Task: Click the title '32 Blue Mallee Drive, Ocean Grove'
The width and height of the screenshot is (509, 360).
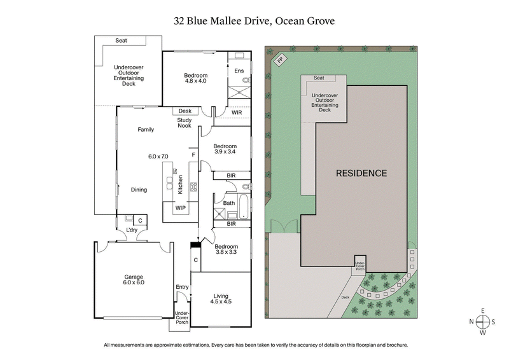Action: [x=254, y=20]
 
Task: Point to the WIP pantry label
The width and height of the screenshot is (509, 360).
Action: [x=180, y=207]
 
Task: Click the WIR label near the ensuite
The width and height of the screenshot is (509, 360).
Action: [x=237, y=113]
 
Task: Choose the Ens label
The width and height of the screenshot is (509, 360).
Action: [x=239, y=70]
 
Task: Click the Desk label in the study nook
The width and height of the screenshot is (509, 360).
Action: [x=185, y=111]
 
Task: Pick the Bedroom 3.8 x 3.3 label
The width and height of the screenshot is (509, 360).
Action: [x=225, y=249]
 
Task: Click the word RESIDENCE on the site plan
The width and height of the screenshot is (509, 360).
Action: [x=361, y=173]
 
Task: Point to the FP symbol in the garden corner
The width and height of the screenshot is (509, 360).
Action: [x=280, y=60]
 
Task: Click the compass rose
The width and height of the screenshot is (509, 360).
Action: [x=483, y=321]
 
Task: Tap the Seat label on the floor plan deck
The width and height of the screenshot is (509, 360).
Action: [x=121, y=41]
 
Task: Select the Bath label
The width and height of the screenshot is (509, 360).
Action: [x=228, y=203]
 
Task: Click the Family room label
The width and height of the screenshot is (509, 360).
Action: [x=146, y=129]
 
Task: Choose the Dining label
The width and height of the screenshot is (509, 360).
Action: [x=139, y=190]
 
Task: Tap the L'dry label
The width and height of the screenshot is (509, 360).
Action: [x=132, y=229]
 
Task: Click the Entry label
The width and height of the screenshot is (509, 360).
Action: [x=182, y=287]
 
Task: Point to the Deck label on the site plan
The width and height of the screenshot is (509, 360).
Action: [x=345, y=296]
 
